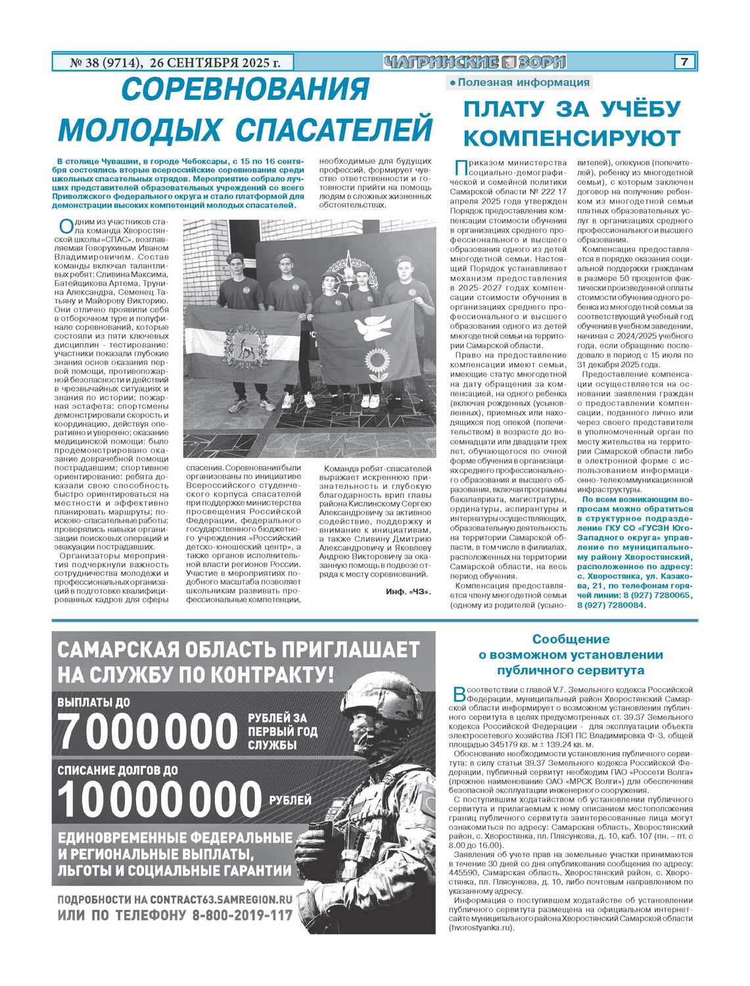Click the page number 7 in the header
pos(684,62)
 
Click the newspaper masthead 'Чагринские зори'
pos(475,62)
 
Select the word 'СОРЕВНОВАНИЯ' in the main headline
pos(246,89)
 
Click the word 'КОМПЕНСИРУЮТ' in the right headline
pos(572,139)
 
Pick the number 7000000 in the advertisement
pos(147,731)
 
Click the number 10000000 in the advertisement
pos(160,799)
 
